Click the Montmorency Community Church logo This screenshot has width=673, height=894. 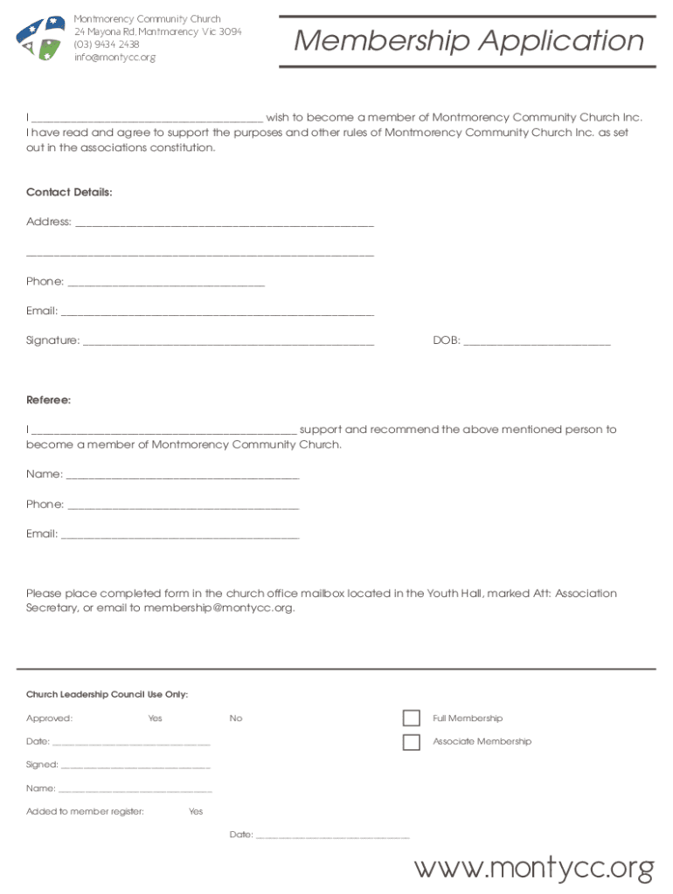pyautogui.click(x=41, y=38)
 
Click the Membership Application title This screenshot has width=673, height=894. pyautogui.click(x=468, y=41)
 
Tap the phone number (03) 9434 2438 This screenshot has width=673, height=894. pyautogui.click(x=106, y=45)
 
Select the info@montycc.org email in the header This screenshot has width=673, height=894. pyautogui.click(x=114, y=58)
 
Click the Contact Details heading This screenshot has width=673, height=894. pyautogui.click(x=69, y=192)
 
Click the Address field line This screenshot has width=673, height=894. pyautogui.click(x=225, y=223)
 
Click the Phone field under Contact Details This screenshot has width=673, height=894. pyautogui.click(x=165, y=283)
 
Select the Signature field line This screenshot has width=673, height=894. pyautogui.click(x=227, y=342)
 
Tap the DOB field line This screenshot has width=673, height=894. pyautogui.click(x=537, y=342)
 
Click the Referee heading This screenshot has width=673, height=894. pyautogui.click(x=48, y=400)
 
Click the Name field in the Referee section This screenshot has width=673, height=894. pyautogui.click(x=182, y=476)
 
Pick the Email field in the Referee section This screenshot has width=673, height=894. pyautogui.click(x=180, y=535)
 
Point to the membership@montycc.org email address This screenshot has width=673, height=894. pyautogui.click(x=219, y=609)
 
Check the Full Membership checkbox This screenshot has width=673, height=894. pyautogui.click(x=412, y=719)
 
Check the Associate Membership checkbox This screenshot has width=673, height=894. pyautogui.click(x=412, y=742)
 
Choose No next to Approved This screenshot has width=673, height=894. pyautogui.click(x=236, y=719)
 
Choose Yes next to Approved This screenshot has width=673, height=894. pyautogui.click(x=155, y=719)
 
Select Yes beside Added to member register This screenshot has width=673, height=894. pyautogui.click(x=196, y=812)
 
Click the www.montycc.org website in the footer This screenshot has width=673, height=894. pyautogui.click(x=533, y=868)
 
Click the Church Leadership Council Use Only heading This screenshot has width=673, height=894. pyautogui.click(x=107, y=695)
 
